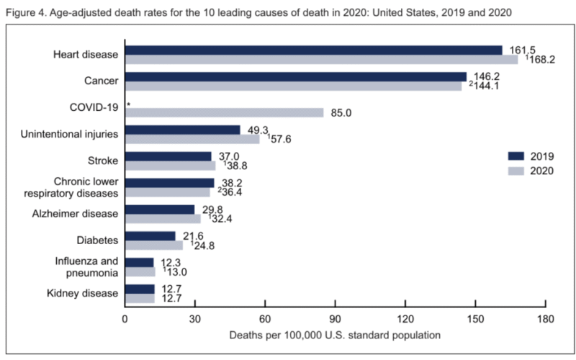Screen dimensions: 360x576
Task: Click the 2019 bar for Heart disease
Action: click(313, 50)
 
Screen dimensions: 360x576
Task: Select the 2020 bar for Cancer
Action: click(293, 86)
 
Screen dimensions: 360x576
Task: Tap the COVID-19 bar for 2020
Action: click(224, 112)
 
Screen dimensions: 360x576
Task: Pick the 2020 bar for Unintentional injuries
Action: click(192, 139)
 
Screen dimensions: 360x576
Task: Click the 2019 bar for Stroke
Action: click(168, 156)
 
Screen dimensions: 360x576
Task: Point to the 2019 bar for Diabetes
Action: click(150, 236)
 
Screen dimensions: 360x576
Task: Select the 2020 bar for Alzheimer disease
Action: click(163, 218)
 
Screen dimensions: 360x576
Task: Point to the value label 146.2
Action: click(487, 75)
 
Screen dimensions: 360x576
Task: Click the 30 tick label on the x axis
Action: click(195, 319)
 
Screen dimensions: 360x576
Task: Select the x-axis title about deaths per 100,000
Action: click(335, 336)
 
